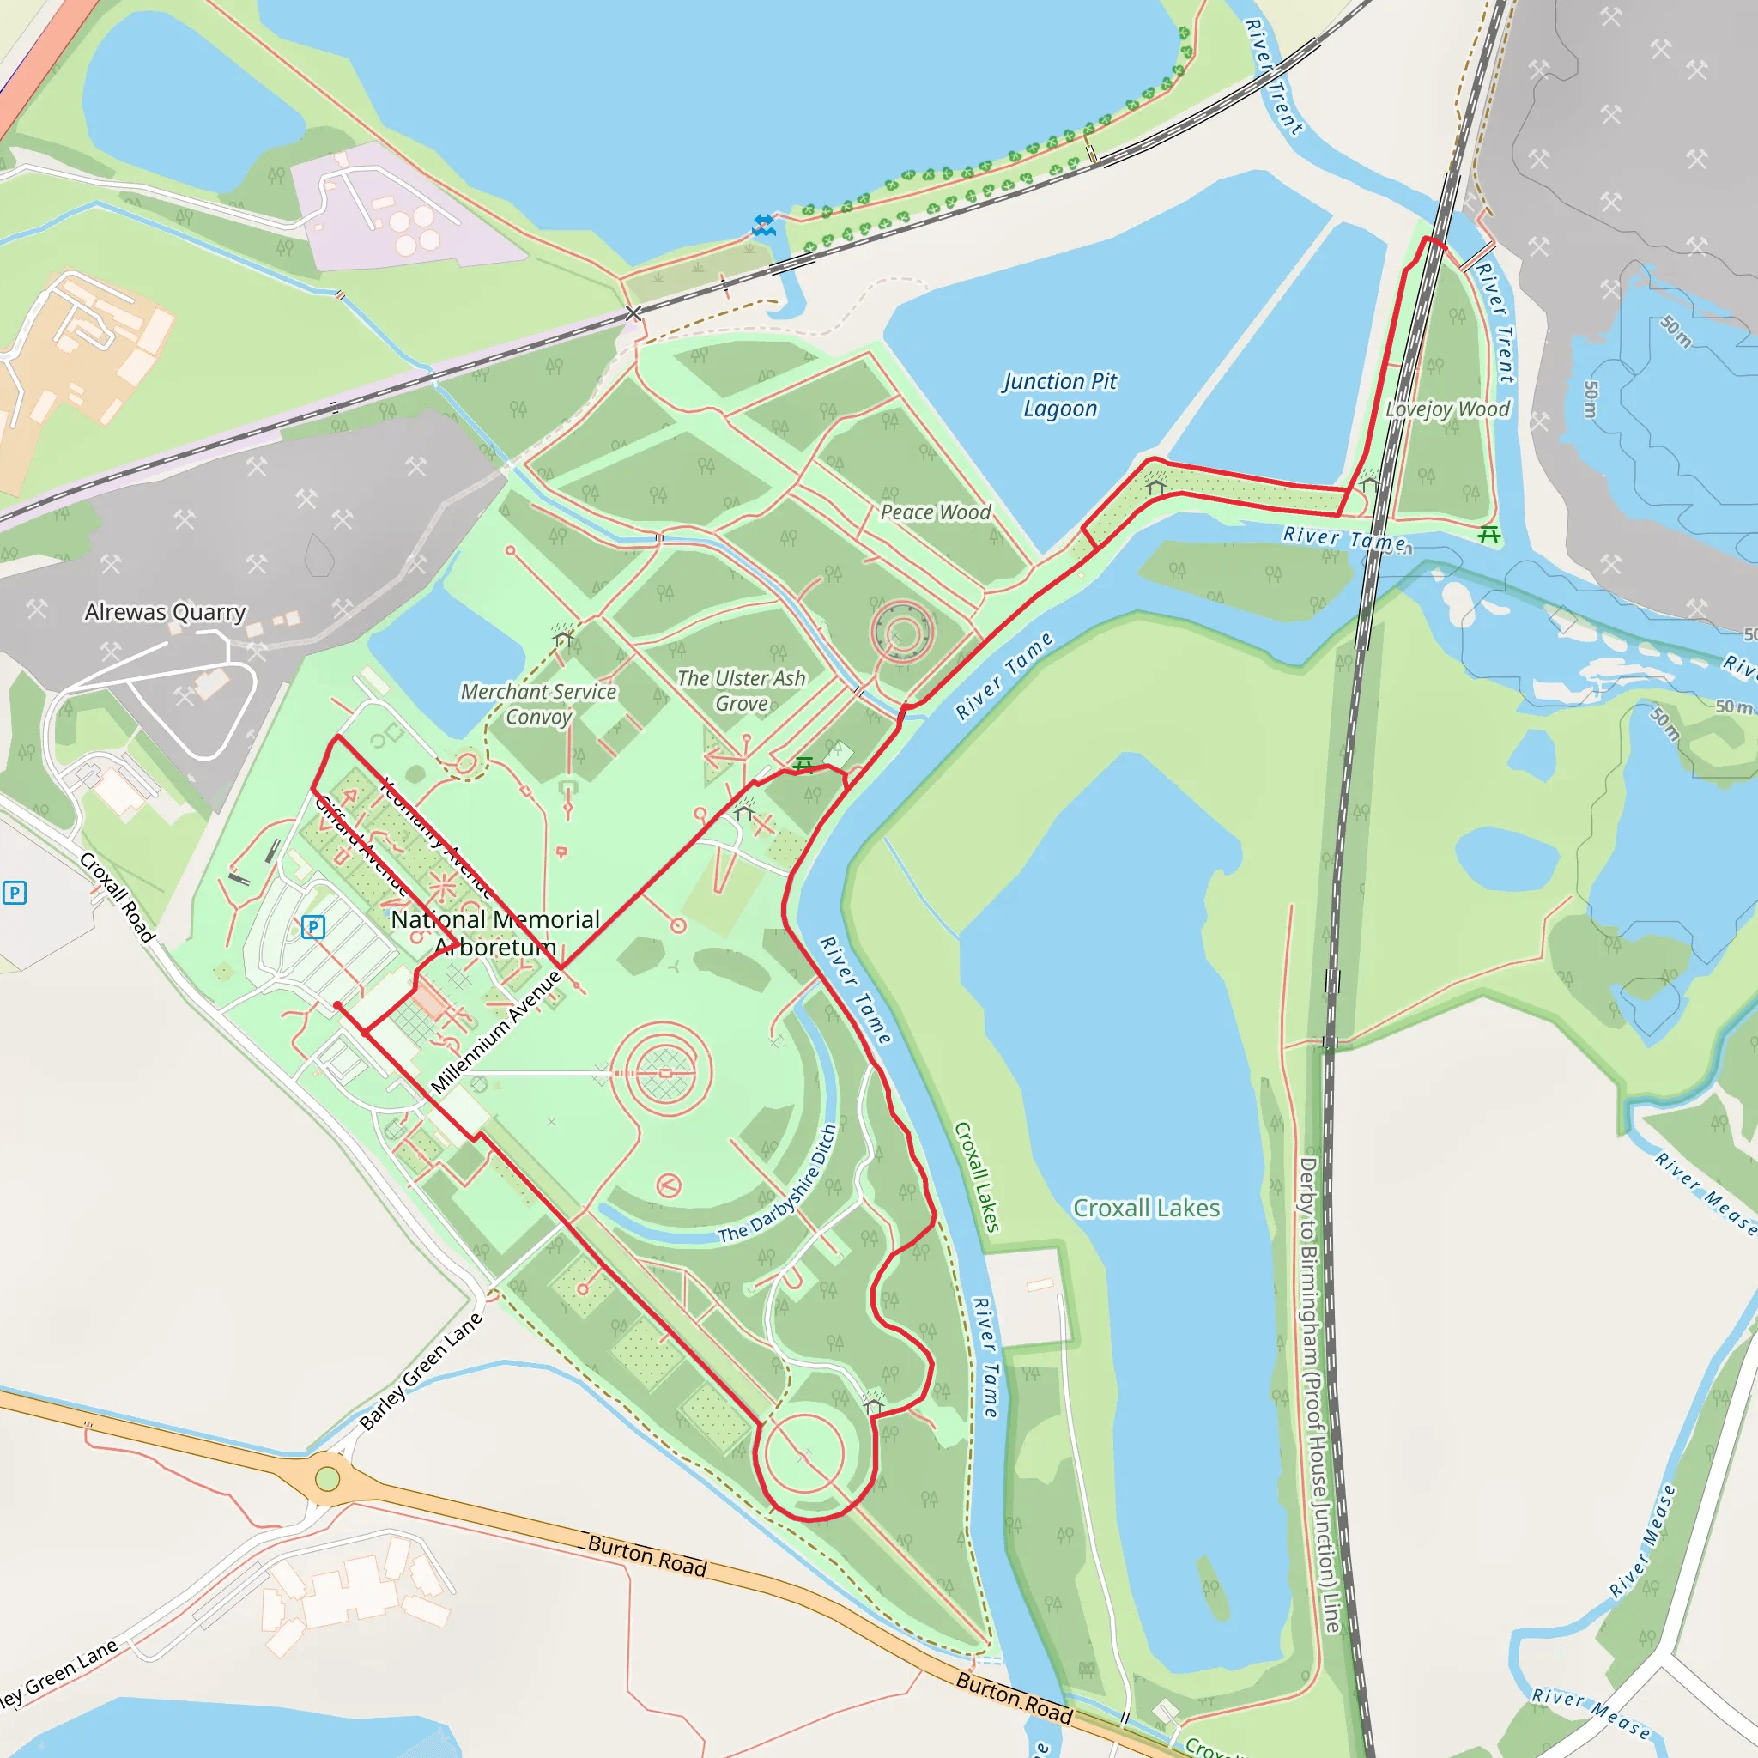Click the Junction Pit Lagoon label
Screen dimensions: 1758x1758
1060,395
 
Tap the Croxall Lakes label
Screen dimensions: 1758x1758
1147,1209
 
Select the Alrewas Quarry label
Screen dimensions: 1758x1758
165,612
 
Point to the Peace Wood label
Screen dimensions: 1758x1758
936,512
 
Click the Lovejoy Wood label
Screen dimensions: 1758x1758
1446,409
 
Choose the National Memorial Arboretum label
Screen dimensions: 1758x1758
495,933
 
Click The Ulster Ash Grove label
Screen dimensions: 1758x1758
741,691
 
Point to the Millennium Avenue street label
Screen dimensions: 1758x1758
496,1032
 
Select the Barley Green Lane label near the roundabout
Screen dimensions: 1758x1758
421,1373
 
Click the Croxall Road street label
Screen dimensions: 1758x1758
118,897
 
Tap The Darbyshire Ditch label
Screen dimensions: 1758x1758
778,1185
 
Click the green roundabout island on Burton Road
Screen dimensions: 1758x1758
328,1479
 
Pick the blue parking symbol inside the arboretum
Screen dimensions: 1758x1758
313,927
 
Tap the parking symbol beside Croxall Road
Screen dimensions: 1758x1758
15,893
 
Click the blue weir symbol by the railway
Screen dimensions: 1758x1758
764,225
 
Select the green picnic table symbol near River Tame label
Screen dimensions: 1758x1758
1488,535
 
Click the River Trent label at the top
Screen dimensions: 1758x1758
1274,77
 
